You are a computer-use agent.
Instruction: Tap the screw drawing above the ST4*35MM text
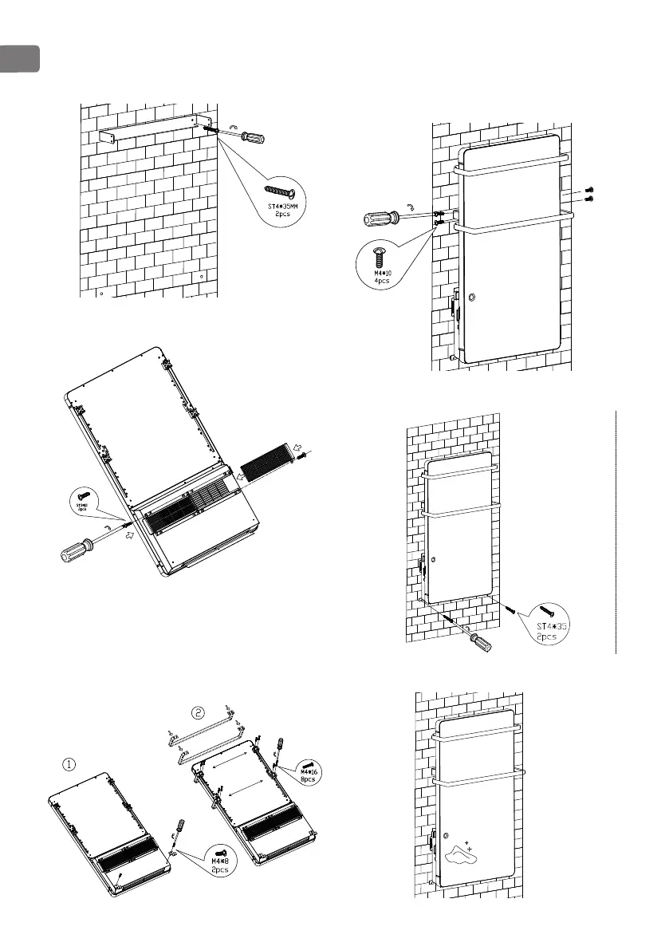pos(280,192)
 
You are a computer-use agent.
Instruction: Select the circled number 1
pos(69,763)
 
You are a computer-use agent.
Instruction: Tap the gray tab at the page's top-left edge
pos(18,58)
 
